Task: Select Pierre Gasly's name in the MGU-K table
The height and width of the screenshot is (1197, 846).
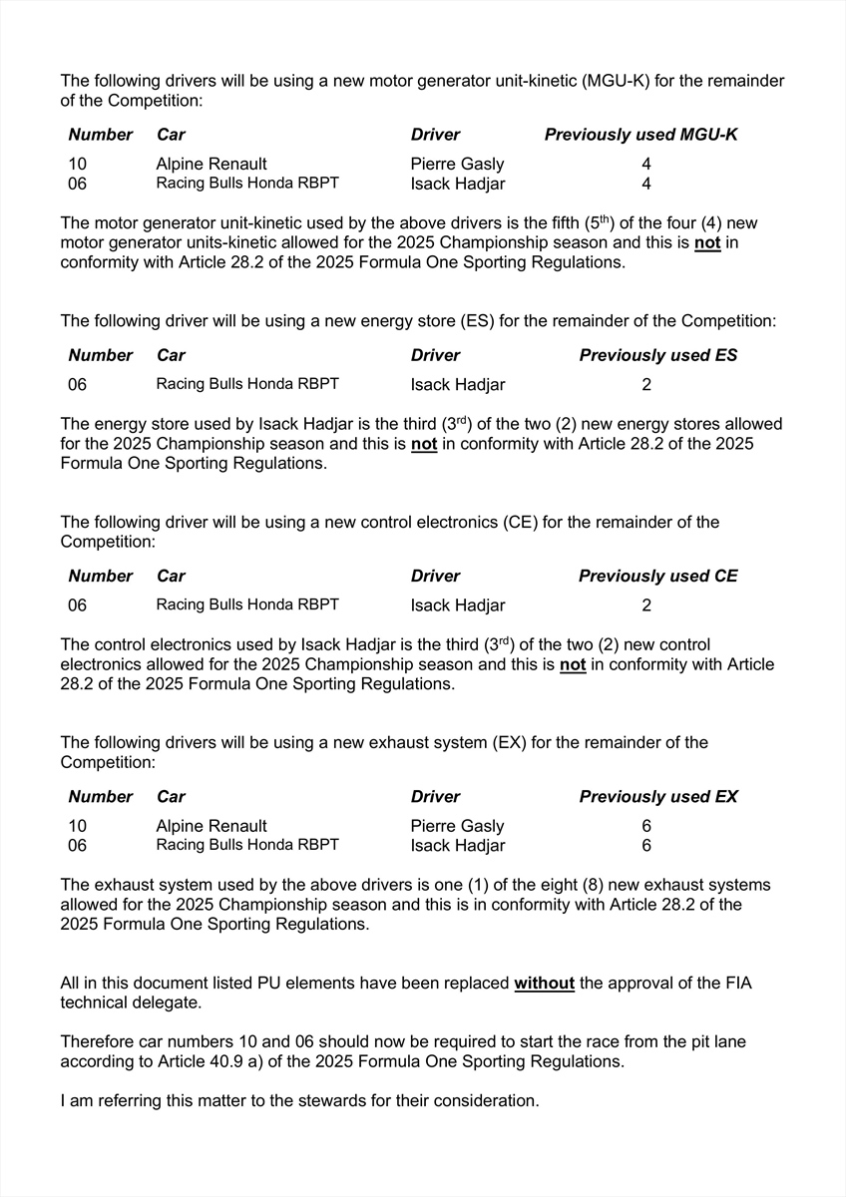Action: click(x=457, y=164)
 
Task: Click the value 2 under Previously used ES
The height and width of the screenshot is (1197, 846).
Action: click(x=646, y=385)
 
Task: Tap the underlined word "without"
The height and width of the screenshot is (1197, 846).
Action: click(x=544, y=984)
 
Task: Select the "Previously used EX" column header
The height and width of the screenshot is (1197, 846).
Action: click(x=658, y=797)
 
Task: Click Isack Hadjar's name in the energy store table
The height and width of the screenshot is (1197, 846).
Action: click(x=457, y=385)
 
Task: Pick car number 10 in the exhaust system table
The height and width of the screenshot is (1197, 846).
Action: click(x=78, y=826)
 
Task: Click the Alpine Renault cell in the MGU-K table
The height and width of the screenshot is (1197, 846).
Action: click(x=211, y=164)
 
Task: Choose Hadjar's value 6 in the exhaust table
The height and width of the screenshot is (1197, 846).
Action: click(x=646, y=846)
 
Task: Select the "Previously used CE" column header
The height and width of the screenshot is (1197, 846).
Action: click(x=658, y=577)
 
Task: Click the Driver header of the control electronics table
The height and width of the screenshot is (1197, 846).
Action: click(x=435, y=577)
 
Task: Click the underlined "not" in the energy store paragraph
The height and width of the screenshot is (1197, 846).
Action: click(x=424, y=444)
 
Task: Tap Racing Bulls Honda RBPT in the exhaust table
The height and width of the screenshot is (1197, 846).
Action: click(x=247, y=845)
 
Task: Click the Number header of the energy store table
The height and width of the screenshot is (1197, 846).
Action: click(x=100, y=356)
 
